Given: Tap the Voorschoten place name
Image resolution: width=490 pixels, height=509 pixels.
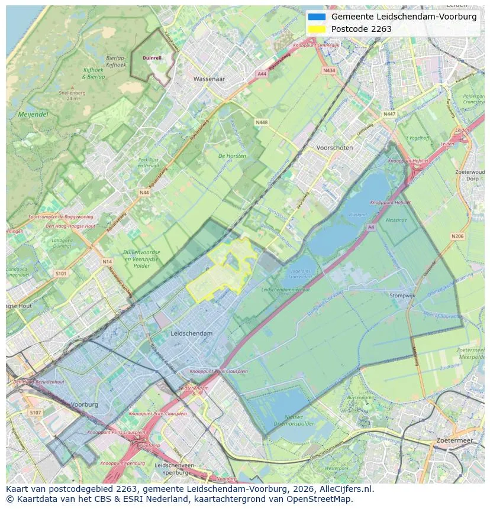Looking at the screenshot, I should pyautogui.click(x=334, y=148).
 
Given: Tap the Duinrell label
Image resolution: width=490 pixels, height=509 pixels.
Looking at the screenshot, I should pyautogui.click(x=152, y=58).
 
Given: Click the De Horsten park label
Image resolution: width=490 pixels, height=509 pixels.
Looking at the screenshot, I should pyautogui.click(x=232, y=156).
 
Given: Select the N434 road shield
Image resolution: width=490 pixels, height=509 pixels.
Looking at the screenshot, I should pyautogui.click(x=329, y=70).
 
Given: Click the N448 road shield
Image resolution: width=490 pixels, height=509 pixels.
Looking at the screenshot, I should pyautogui.click(x=261, y=122).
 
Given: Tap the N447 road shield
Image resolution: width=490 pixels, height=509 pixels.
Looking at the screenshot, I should pyautogui.click(x=389, y=114).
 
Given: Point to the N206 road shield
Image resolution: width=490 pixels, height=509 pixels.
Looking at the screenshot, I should pyautogui.click(x=457, y=236).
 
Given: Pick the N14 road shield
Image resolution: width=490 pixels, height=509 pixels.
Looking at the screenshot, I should pyautogui.click(x=107, y=261).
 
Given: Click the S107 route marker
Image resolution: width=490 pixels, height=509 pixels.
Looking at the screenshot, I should pyautogui.click(x=36, y=413).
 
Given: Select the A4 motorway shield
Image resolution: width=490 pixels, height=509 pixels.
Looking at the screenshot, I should pyautogui.click(x=370, y=226).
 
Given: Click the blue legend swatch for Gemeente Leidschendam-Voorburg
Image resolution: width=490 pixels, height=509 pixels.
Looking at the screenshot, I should pyautogui.click(x=317, y=17).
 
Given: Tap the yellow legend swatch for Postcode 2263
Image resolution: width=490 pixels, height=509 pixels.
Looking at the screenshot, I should pyautogui.click(x=317, y=29).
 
